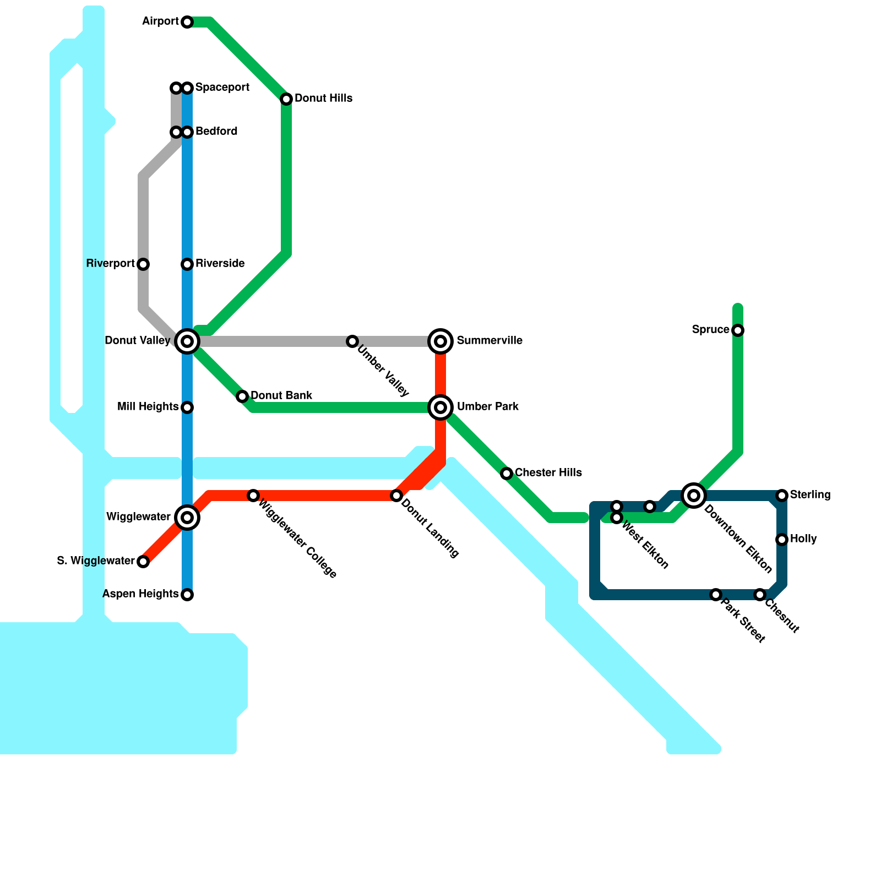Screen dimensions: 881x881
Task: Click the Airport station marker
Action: tap(187, 22)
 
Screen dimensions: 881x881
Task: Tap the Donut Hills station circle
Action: tap(286, 99)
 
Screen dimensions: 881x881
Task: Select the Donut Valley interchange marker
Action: tap(187, 341)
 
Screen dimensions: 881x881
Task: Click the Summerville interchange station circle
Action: tap(440, 341)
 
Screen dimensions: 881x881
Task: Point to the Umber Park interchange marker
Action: tap(440, 407)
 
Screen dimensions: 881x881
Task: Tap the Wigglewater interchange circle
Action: tap(187, 518)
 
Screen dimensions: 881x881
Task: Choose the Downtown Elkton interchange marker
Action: tap(694, 496)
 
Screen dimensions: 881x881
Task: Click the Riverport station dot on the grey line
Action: tap(143, 264)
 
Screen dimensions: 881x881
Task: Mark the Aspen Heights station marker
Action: tap(187, 595)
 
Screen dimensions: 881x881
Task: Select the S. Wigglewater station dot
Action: tap(143, 562)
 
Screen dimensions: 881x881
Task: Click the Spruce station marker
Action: tap(738, 330)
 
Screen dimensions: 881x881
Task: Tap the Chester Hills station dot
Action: tap(507, 474)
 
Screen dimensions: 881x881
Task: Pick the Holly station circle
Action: tap(782, 540)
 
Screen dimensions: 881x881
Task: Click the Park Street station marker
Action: tap(716, 595)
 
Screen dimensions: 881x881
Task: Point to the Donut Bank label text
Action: tap(281, 396)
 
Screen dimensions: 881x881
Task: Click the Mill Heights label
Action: tap(148, 407)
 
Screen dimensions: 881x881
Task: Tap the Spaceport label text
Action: tap(222, 88)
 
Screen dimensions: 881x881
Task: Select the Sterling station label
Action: tap(810, 495)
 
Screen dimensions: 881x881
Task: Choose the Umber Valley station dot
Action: tap(352, 341)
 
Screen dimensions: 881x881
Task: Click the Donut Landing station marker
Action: tap(396, 496)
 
